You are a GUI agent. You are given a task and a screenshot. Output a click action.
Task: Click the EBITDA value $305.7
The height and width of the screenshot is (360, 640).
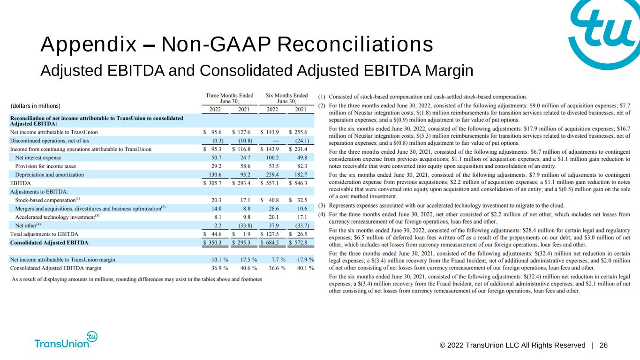(x=212, y=183)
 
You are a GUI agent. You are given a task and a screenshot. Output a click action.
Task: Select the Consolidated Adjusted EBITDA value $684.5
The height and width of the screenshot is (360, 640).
(x=270, y=242)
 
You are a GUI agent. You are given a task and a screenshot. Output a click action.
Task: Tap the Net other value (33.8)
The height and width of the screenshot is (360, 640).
(x=245, y=226)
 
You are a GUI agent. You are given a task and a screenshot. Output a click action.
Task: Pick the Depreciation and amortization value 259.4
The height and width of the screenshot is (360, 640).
(x=272, y=174)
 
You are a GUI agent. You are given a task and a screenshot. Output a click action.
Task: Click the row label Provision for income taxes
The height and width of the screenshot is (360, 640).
(x=45, y=166)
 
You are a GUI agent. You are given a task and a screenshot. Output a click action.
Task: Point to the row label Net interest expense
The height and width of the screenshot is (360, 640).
(x=38, y=157)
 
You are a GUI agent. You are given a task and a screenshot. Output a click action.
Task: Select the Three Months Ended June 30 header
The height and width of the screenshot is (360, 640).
(x=229, y=98)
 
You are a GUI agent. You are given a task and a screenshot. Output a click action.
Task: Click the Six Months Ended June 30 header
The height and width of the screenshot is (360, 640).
(x=286, y=98)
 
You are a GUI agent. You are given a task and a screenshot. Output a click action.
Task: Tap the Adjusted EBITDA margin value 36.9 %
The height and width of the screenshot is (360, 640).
(x=220, y=268)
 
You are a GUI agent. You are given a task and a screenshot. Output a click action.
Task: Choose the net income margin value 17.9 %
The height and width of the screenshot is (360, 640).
(x=305, y=260)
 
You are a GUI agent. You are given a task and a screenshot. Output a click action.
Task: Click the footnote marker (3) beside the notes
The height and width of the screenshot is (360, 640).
(x=322, y=206)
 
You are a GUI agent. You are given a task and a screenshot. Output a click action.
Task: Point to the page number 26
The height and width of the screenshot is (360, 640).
(x=603, y=345)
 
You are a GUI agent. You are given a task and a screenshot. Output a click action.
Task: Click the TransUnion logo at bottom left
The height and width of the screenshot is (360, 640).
(x=66, y=340)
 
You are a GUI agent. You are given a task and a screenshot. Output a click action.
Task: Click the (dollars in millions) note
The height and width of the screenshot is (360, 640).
(x=36, y=106)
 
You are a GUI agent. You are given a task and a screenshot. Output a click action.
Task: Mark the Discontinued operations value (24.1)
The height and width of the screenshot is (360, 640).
(x=302, y=141)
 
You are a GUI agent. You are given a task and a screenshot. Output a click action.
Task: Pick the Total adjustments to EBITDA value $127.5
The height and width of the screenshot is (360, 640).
(x=270, y=234)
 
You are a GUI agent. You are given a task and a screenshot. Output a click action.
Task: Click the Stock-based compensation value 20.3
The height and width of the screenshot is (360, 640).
(x=216, y=200)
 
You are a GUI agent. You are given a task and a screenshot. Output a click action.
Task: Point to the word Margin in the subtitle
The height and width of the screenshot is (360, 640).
(x=449, y=71)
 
